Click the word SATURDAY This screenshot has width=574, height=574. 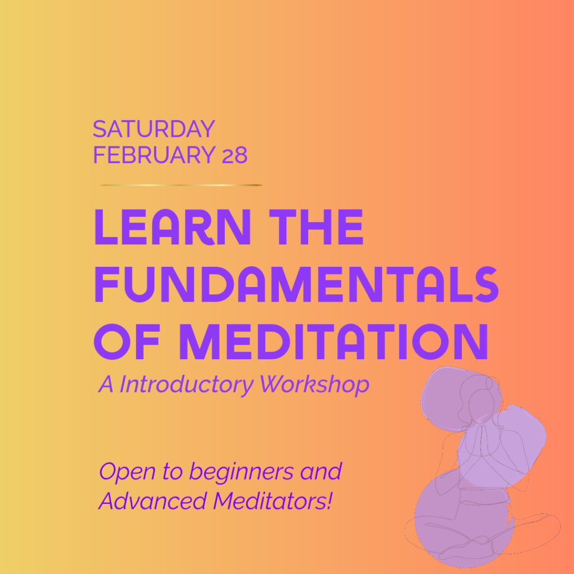154,129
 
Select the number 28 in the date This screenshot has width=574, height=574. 234,155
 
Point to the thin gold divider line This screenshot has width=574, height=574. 181,185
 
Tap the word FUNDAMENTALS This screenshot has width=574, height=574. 296,284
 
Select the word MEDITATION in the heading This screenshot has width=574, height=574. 333,340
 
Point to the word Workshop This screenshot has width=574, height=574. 315,385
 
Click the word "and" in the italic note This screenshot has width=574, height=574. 321,472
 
